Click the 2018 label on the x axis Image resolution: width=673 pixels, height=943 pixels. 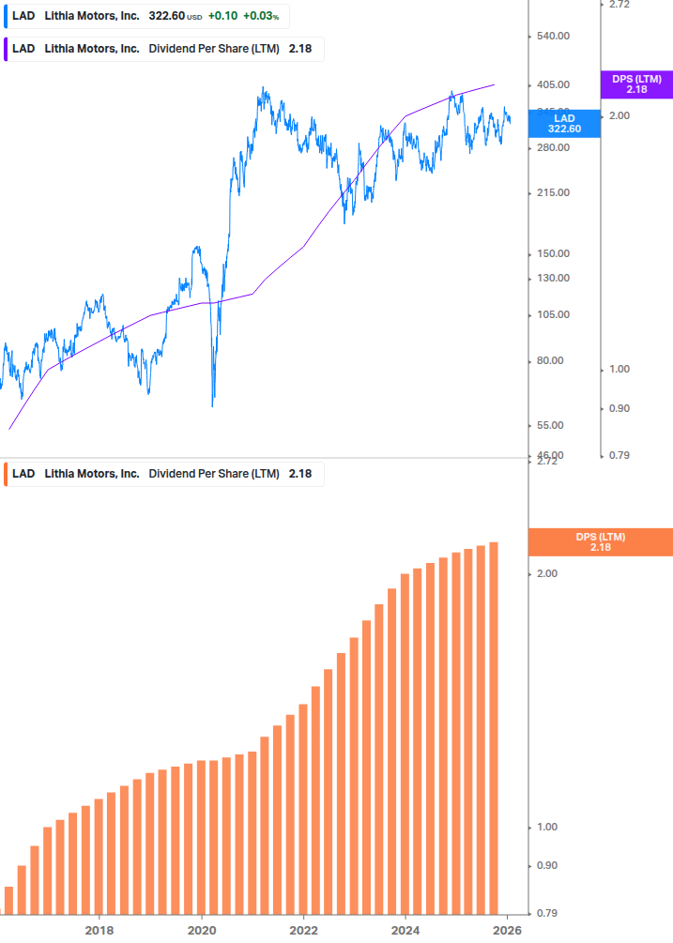pyautogui.click(x=99, y=930)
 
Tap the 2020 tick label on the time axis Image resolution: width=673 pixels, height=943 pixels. pyautogui.click(x=201, y=930)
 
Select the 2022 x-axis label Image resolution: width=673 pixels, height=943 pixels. pyautogui.click(x=303, y=930)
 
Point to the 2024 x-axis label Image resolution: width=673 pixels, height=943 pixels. pyautogui.click(x=405, y=930)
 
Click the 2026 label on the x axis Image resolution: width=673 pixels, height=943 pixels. pyautogui.click(x=508, y=930)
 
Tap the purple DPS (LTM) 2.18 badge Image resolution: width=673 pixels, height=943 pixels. pyautogui.click(x=636, y=84)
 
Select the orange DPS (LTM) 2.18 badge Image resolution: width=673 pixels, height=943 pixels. pyautogui.click(x=601, y=542)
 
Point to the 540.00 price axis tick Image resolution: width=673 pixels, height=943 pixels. pyautogui.click(x=552, y=37)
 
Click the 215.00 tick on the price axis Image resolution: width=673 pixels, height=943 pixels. pyautogui.click(x=552, y=193)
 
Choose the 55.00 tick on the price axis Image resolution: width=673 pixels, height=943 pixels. pyautogui.click(x=552, y=426)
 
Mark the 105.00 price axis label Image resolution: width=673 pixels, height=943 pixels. pyautogui.click(x=552, y=314)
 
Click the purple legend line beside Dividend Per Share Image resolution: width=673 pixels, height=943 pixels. pyautogui.click(x=6, y=49)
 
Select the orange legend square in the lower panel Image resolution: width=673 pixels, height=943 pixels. pyautogui.click(x=6, y=474)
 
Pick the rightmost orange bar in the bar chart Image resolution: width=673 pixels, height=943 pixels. pyautogui.click(x=493, y=727)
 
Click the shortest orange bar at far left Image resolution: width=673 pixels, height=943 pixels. pyautogui.click(x=9, y=899)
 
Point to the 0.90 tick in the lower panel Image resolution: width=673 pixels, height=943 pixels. pyautogui.click(x=546, y=866)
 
